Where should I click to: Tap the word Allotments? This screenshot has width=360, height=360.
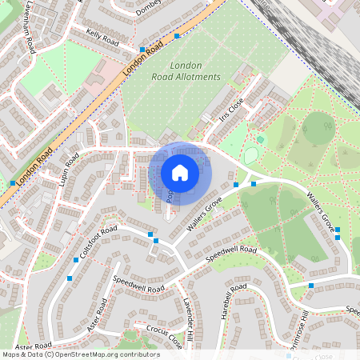click(196, 77)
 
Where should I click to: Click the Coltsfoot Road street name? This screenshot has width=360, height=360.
click(98, 240)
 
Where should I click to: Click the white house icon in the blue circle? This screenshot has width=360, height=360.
click(180, 173)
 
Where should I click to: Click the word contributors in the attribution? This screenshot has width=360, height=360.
click(138, 354)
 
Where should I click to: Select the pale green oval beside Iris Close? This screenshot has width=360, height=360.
click(251, 156)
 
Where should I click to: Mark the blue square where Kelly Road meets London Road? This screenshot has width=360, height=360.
click(142, 50)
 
